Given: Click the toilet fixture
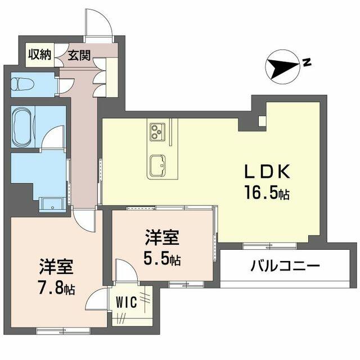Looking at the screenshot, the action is click(x=22, y=84).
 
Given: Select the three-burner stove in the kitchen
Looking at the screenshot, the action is click(x=157, y=132).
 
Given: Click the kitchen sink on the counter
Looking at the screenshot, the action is click(x=157, y=165).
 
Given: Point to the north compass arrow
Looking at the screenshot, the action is click(x=283, y=66).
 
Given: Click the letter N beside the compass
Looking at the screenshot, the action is click(x=307, y=62).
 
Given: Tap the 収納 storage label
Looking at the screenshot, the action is click(x=40, y=55).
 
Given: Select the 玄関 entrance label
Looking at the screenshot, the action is click(x=79, y=55).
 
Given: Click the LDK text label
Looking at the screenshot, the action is click(x=268, y=172).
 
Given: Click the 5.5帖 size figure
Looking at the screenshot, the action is click(x=162, y=258).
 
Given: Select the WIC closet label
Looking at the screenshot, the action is click(x=126, y=302).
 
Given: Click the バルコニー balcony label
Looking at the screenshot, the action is click(x=285, y=267).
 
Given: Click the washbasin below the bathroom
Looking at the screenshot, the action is click(x=52, y=205).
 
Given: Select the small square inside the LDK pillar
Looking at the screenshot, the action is click(x=262, y=121).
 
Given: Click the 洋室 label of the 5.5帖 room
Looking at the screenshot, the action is click(x=162, y=238).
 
